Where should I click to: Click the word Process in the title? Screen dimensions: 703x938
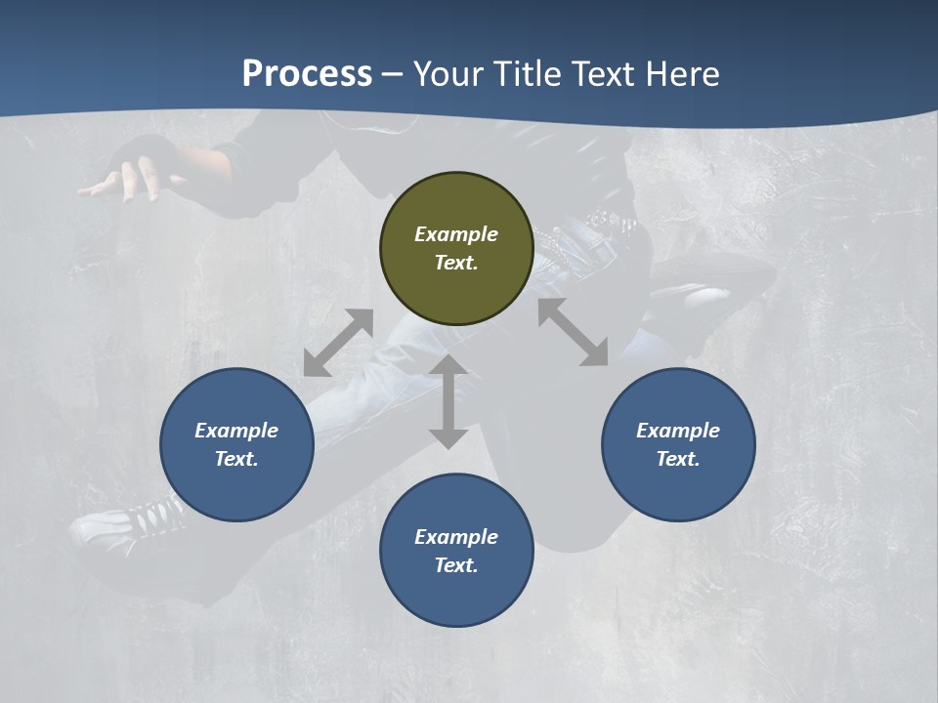307,73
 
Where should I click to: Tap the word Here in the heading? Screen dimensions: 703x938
682,73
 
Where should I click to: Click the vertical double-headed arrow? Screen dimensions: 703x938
448,401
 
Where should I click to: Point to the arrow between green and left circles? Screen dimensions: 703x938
338,343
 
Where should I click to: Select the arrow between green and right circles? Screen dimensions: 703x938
573,332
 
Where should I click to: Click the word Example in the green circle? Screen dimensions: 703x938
456,234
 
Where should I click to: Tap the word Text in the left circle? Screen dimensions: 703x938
236,459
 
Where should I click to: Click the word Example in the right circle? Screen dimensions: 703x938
678,431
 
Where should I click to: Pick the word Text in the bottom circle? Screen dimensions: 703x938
456,565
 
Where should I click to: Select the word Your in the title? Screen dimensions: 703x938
448,73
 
